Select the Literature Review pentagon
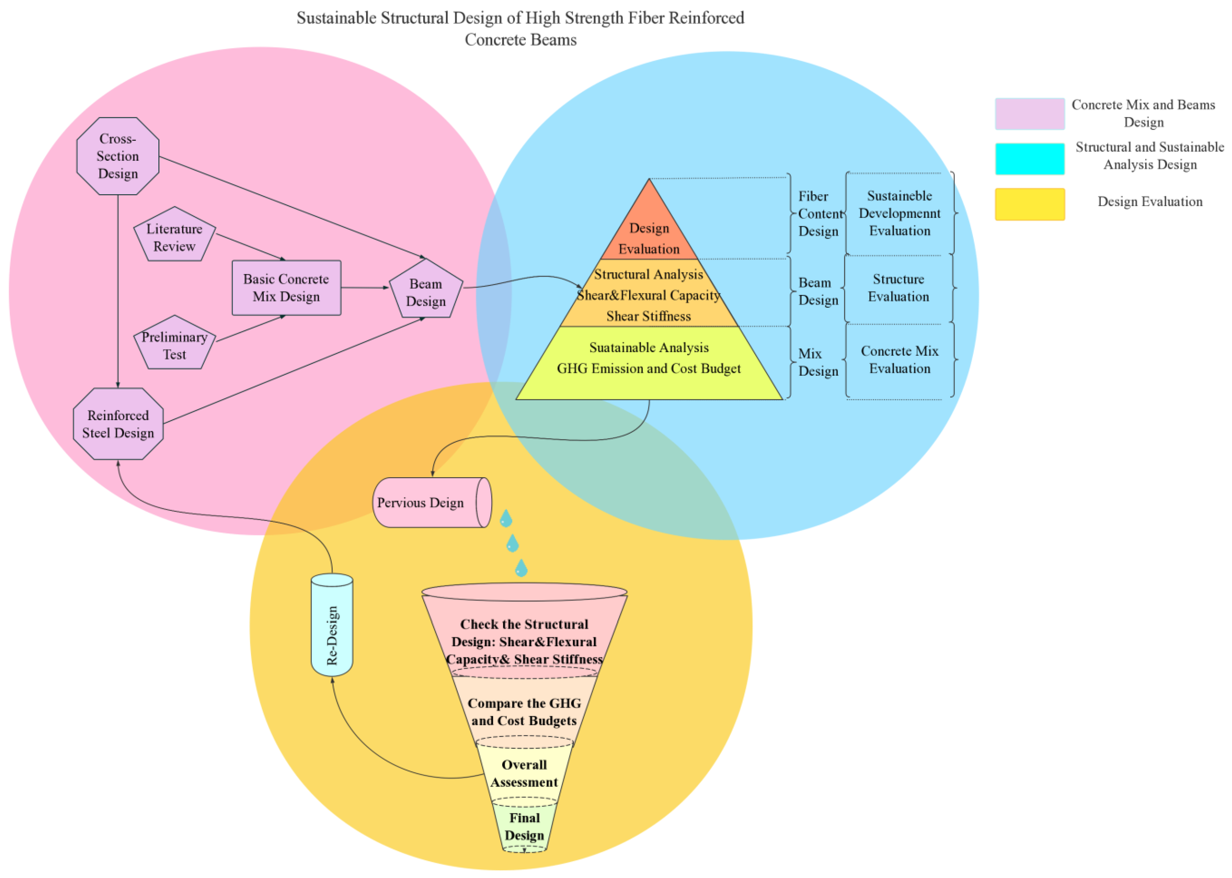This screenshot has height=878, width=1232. [174, 237]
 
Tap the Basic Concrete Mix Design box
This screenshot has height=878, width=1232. [286, 288]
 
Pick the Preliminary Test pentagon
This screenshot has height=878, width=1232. [174, 345]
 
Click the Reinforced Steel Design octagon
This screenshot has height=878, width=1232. [118, 424]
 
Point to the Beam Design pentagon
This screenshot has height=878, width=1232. [426, 292]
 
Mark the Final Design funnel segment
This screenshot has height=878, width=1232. [524, 826]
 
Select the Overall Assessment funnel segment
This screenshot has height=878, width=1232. [524, 773]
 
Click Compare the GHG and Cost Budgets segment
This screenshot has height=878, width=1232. [524, 712]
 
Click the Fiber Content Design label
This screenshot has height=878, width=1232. [818, 214]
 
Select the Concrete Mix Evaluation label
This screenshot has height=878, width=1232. [899, 359]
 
